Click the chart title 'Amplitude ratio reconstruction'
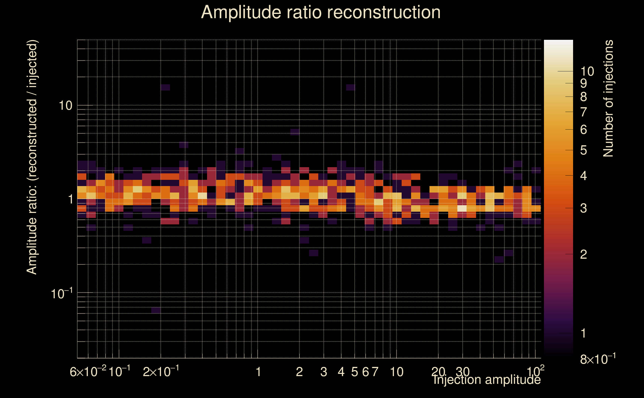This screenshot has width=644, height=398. point(321,12)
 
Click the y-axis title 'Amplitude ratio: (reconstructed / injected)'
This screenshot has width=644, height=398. point(32,157)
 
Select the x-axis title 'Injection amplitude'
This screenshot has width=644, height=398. point(487,380)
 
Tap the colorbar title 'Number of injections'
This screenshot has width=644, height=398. point(608,99)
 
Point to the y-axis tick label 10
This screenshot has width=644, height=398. point(65,106)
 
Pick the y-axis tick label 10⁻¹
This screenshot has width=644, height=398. point(62,294)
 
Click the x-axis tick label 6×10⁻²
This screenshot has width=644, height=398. point(88,372)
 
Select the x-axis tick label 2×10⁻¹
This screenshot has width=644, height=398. point(161,372)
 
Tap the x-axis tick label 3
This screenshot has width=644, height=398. point(323,372)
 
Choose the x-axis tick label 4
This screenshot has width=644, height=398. point(341,372)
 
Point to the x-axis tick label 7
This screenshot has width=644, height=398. point(375,372)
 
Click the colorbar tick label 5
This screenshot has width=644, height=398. point(584,150)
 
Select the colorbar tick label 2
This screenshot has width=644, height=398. point(584,254)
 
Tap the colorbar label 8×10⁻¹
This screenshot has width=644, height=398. point(598,359)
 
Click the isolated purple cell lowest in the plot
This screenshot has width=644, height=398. point(156,310)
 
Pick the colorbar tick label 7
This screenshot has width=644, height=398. point(584,112)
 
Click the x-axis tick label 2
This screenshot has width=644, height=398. point(299,372)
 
